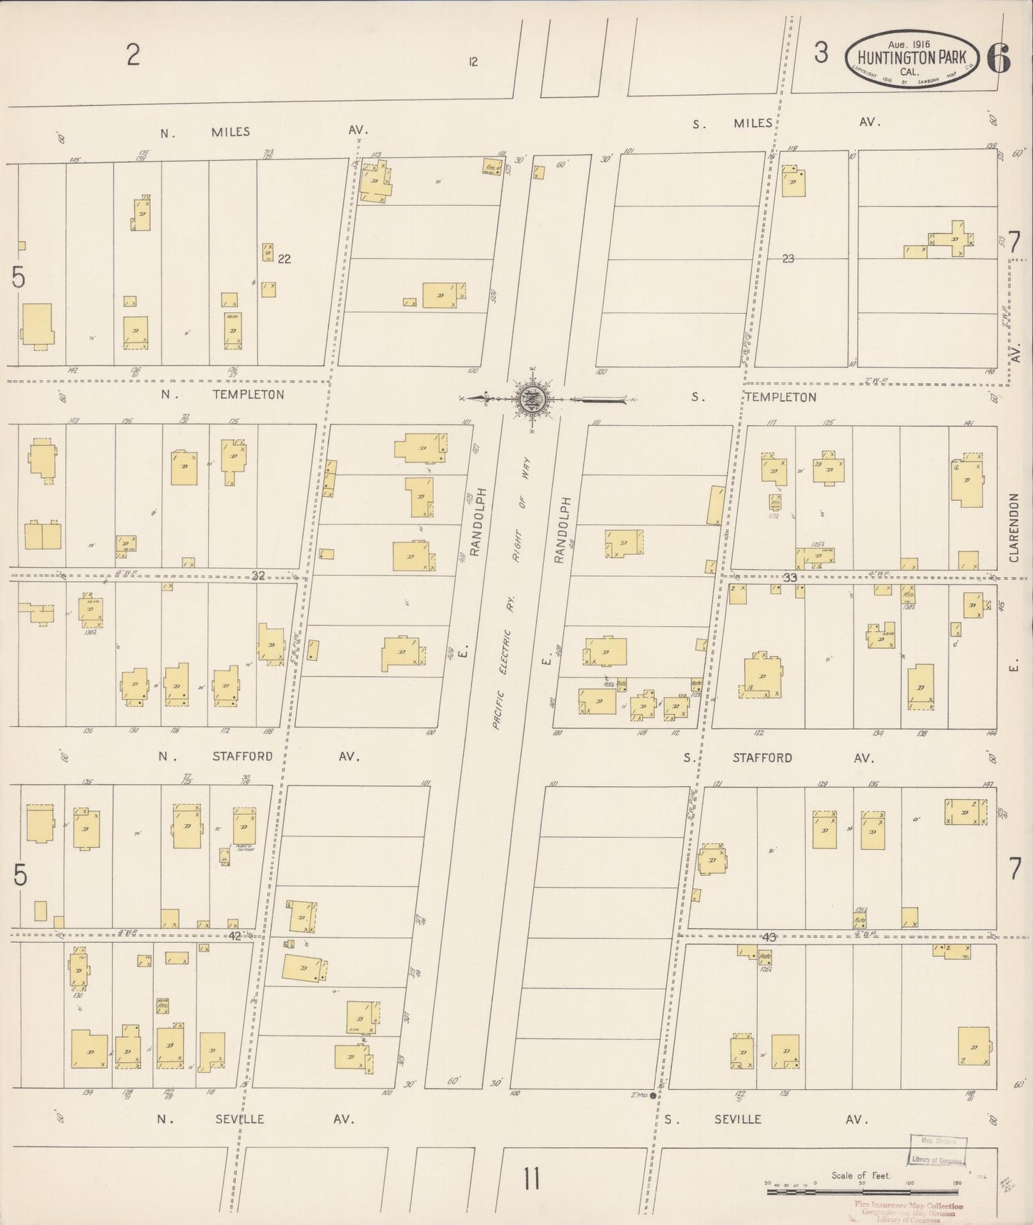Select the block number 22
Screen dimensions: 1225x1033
(x=284, y=259)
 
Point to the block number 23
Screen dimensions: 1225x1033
(x=788, y=259)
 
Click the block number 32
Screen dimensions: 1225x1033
(x=258, y=575)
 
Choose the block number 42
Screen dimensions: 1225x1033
(x=236, y=935)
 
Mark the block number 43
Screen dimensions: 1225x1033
(x=768, y=936)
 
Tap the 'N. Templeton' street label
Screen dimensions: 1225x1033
(x=222, y=395)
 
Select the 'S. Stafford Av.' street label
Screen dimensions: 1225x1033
(x=778, y=758)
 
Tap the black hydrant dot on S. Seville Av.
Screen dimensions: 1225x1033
(x=653, y=1095)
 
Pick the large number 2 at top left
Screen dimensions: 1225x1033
(x=133, y=55)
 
